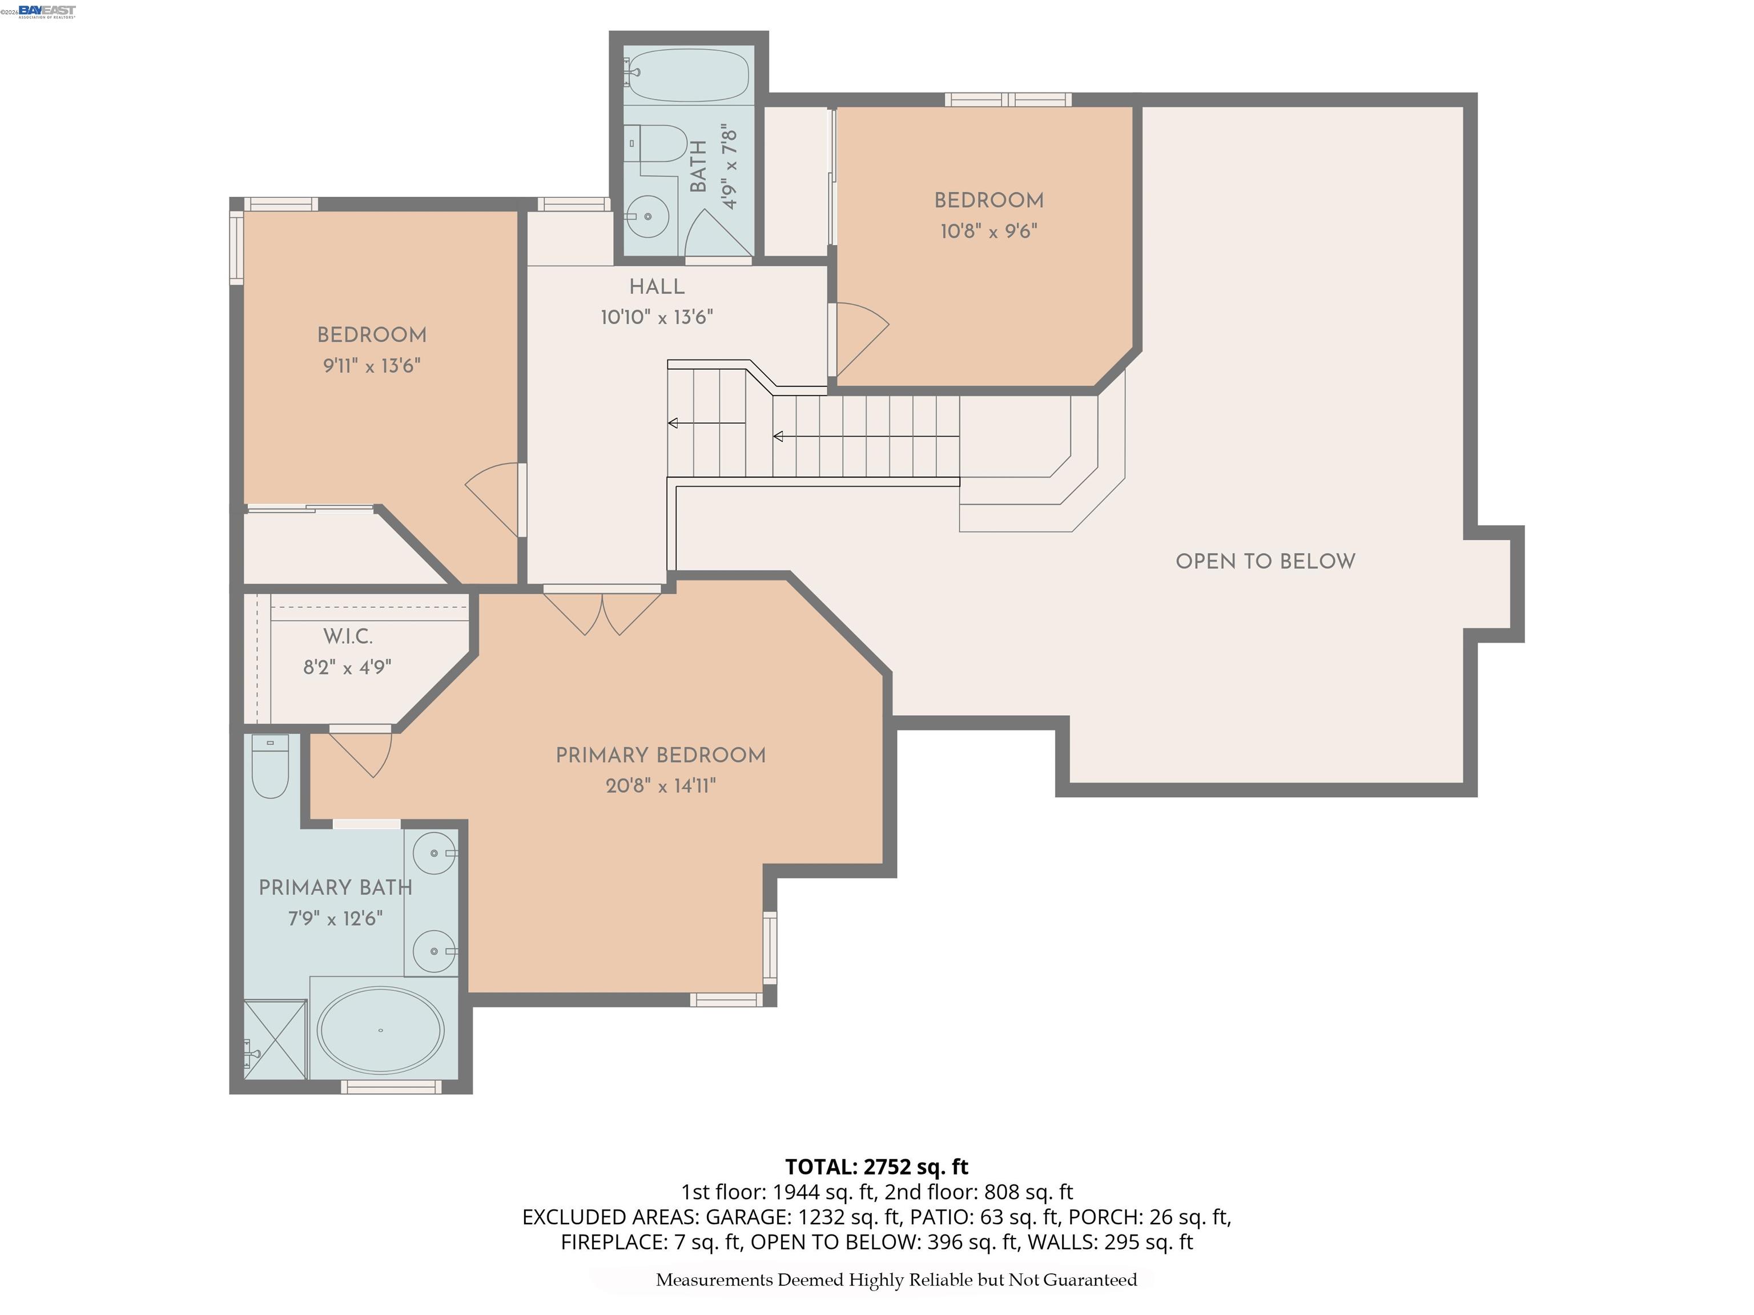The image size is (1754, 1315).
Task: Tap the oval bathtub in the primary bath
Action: click(381, 1030)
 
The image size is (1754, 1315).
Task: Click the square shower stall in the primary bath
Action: click(275, 1039)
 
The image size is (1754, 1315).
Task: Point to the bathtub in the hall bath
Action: click(688, 74)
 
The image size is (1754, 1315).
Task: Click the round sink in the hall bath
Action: click(648, 216)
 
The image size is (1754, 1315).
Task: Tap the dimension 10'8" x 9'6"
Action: click(989, 232)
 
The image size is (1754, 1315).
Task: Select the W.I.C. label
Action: click(347, 636)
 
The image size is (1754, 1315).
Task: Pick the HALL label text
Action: click(657, 287)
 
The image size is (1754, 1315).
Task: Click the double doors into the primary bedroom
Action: click(602, 612)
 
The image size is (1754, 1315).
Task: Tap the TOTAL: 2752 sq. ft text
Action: click(876, 1167)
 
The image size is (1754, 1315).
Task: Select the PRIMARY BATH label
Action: click(335, 888)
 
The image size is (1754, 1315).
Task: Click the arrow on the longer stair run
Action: click(779, 437)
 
